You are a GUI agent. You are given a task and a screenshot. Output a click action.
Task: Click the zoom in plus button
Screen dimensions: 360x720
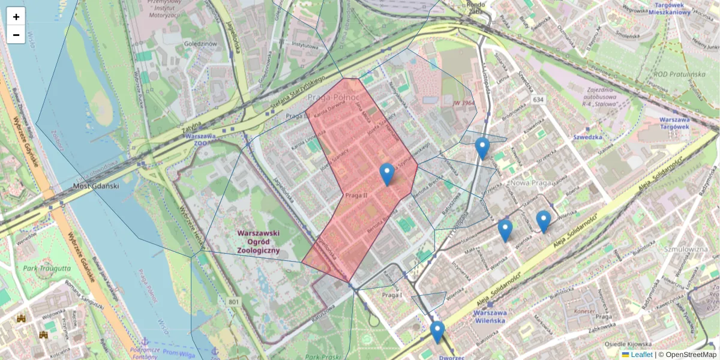click(16, 17)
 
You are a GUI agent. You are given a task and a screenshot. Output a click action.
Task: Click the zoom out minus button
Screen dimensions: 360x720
click(16, 35)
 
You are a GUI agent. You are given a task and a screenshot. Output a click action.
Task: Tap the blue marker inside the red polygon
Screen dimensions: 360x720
click(387, 174)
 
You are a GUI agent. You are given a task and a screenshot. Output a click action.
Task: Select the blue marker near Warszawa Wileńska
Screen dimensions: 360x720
click(437, 332)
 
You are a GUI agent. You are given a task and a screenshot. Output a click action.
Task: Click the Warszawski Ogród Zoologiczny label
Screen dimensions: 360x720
click(259, 242)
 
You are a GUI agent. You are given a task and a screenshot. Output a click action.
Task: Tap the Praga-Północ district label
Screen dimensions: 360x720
click(333, 97)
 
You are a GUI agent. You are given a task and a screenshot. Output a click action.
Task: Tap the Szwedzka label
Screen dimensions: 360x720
click(587, 137)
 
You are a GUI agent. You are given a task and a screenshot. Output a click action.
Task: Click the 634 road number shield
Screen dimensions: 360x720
click(538, 99)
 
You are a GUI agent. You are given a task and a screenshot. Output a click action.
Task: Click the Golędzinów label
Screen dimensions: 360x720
click(201, 44)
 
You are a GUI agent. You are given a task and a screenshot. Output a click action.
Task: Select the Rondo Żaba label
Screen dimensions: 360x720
click(475, 6)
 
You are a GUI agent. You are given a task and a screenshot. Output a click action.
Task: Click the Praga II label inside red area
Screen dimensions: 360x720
click(356, 196)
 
